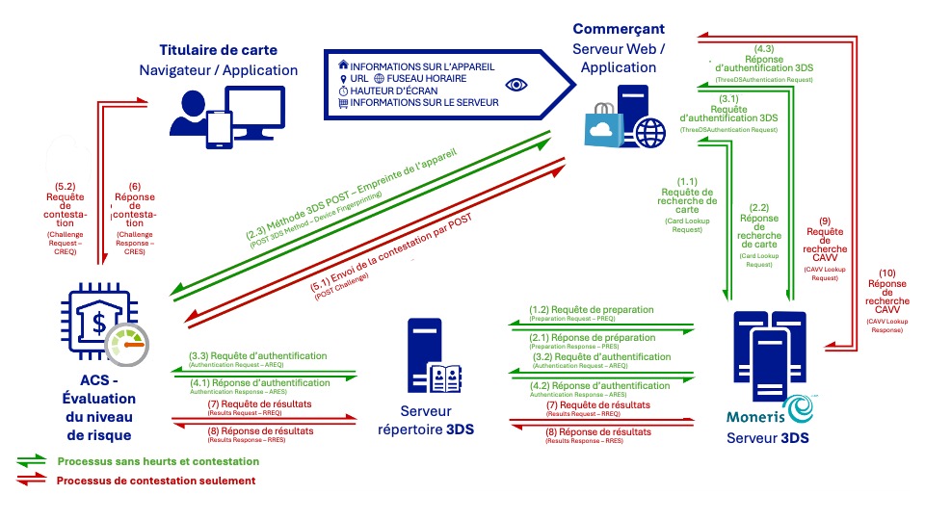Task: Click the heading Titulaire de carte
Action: [220, 50]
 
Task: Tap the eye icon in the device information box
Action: [516, 85]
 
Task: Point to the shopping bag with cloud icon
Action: [604, 127]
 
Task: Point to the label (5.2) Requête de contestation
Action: [66, 207]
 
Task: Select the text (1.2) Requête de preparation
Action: [591, 310]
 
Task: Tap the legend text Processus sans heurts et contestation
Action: [158, 461]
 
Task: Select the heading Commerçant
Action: [618, 30]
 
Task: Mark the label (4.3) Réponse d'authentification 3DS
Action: [765, 59]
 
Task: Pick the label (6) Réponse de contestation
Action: [134, 207]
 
